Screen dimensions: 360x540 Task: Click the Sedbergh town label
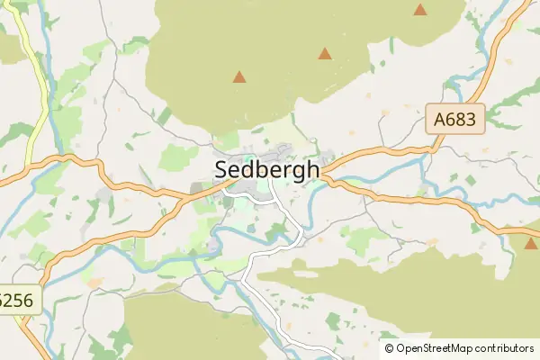pyautogui.click(x=267, y=169)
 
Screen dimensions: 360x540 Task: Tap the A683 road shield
pyautogui.click(x=456, y=119)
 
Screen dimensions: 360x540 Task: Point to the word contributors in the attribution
pyautogui.click(x=507, y=347)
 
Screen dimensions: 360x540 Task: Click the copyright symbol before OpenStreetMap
pyautogui.click(x=390, y=347)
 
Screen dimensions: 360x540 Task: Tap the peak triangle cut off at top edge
pyautogui.click(x=420, y=9)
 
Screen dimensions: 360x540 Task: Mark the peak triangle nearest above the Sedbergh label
pyautogui.click(x=239, y=77)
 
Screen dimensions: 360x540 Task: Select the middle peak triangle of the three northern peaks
pyautogui.click(x=324, y=54)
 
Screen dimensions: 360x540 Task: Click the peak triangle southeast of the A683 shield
pyautogui.click(x=530, y=243)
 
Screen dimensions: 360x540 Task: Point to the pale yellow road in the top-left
pyautogui.click(x=38, y=81)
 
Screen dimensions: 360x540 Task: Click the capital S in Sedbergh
pyautogui.click(x=222, y=169)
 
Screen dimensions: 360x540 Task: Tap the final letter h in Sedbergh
pyautogui.click(x=312, y=169)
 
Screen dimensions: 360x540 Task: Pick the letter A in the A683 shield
pyautogui.click(x=440, y=119)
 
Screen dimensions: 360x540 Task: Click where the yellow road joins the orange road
pyautogui.click(x=27, y=166)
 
